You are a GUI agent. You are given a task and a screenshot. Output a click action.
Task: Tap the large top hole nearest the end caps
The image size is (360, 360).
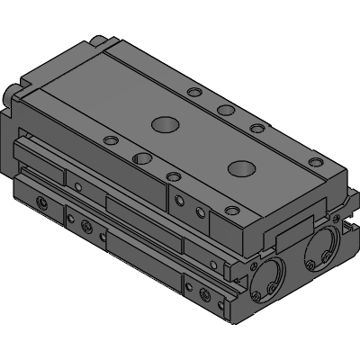tap(240, 167)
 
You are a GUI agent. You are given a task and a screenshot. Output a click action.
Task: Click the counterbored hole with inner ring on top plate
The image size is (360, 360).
tap(141, 159)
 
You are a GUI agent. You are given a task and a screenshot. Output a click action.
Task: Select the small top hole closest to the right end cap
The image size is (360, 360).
tap(314, 162)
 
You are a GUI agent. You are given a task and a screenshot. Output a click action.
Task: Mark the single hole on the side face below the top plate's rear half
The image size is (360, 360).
tap(79, 187)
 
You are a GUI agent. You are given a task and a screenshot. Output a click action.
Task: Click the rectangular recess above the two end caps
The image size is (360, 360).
tap(291, 235)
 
